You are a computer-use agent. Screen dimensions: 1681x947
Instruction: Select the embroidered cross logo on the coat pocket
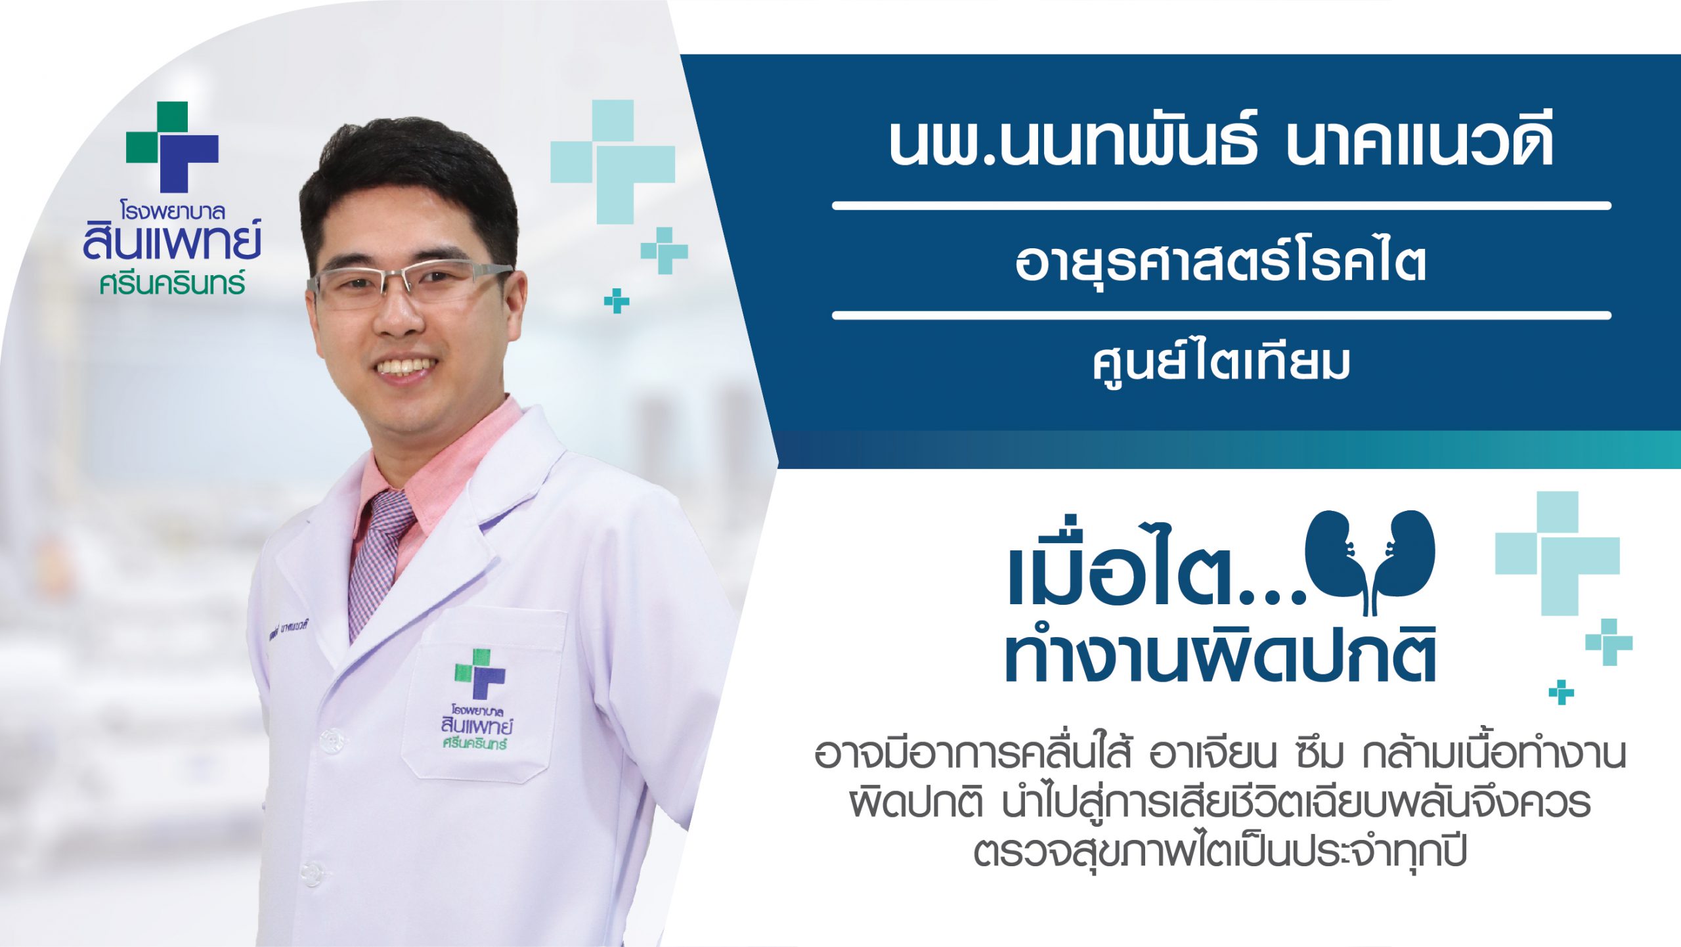pos(481,673)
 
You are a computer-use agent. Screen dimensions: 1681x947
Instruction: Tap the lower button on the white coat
pos(313,872)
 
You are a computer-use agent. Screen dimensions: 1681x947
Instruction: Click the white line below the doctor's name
pos(1221,206)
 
